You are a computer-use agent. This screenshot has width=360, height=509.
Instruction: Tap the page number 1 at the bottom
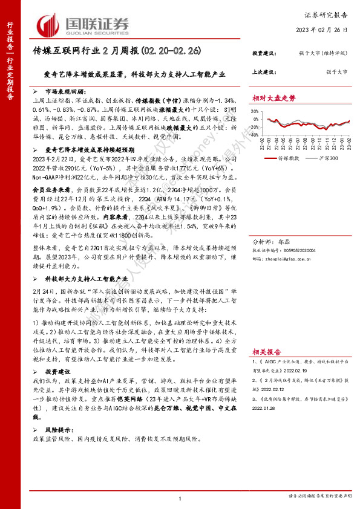click(x=180, y=498)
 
